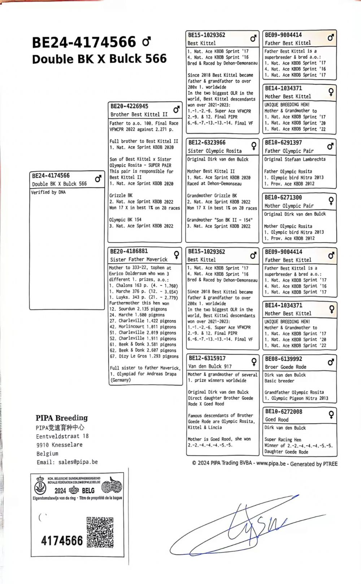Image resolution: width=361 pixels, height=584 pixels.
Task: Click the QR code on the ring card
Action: (x=100, y=532)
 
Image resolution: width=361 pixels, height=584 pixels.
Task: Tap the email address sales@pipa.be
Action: (x=67, y=462)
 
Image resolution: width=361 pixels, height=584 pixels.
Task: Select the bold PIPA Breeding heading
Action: (x=62, y=418)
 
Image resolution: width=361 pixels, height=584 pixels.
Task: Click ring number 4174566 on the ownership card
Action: (x=62, y=541)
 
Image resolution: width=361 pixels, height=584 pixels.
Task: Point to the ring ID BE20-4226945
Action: (x=129, y=106)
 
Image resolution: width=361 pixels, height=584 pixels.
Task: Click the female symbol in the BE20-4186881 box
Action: (x=177, y=255)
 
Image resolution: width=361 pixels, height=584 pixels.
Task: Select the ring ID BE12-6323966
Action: (x=207, y=143)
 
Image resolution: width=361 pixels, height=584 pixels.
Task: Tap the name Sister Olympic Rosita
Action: (x=214, y=151)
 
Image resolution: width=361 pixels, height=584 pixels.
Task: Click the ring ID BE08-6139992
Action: (x=283, y=359)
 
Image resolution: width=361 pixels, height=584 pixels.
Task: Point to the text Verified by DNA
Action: (x=48, y=192)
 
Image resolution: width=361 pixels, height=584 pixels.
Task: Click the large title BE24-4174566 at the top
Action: (x=84, y=43)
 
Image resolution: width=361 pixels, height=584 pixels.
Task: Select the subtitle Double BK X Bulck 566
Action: (x=99, y=59)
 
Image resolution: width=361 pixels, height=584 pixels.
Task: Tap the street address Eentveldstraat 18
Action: (x=62, y=436)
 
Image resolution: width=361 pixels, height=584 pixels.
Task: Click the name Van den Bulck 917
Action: (x=210, y=366)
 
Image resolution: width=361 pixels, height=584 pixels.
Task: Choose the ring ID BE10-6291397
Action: (x=283, y=143)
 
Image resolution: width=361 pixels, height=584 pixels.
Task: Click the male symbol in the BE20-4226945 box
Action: (x=177, y=109)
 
